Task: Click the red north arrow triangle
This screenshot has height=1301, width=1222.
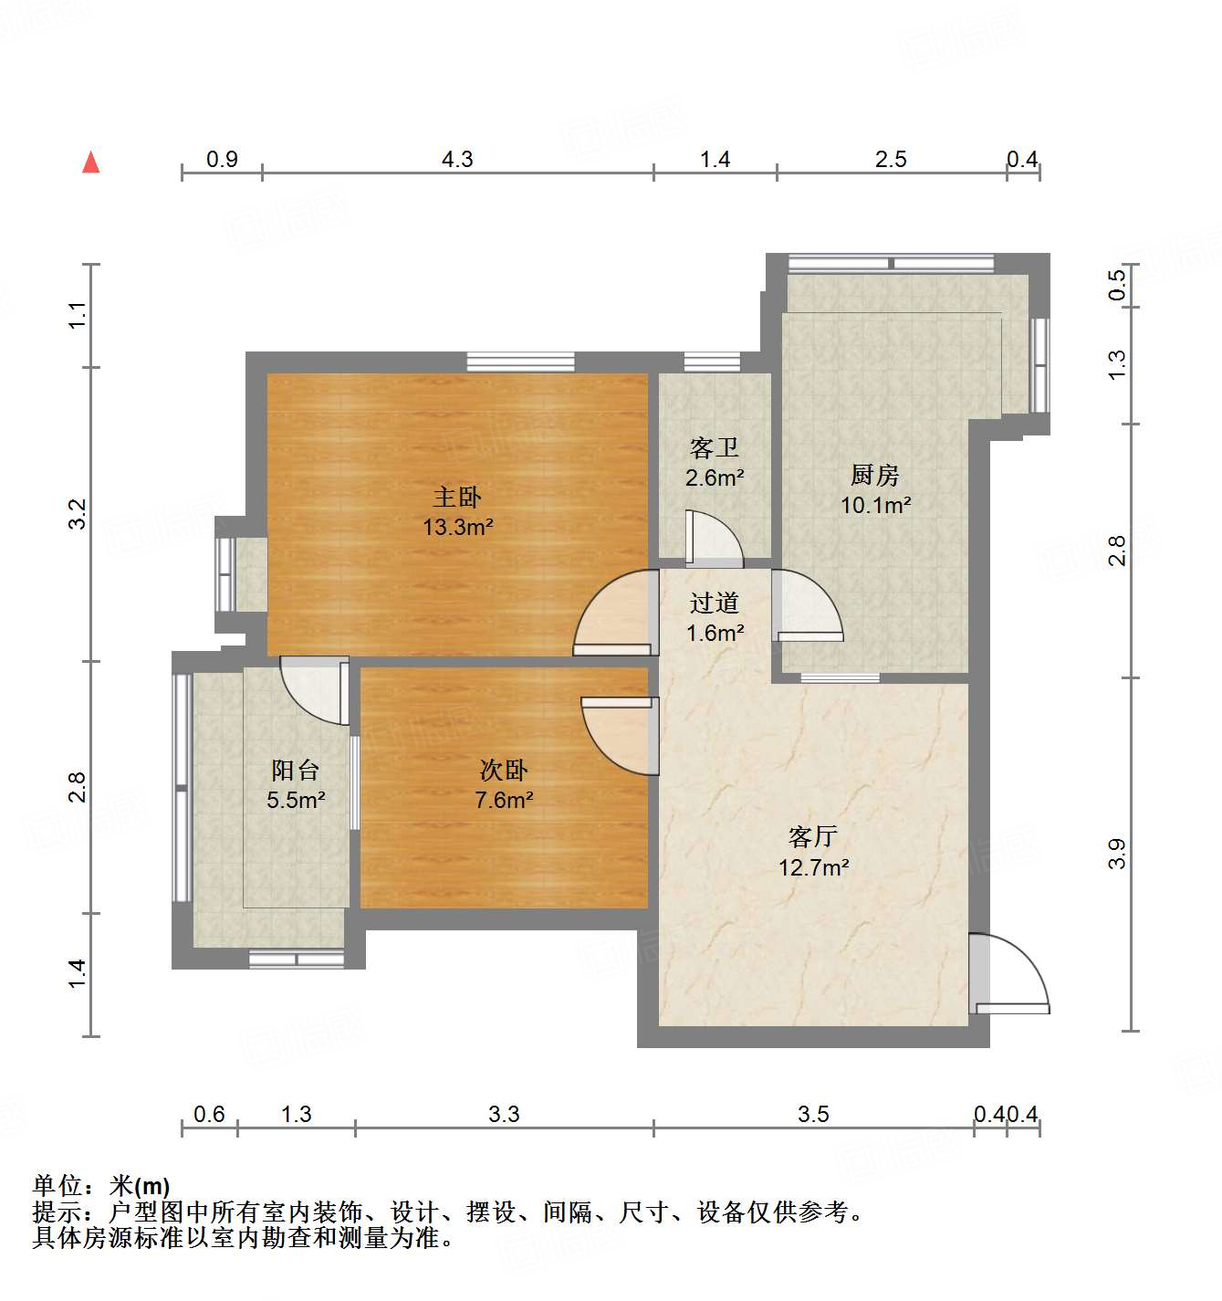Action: (90, 163)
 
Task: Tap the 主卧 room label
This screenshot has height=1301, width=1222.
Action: (456, 498)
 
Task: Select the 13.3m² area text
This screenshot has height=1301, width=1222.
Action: (458, 527)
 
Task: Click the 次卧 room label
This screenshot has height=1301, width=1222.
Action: (503, 771)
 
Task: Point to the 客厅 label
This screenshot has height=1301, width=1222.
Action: (812, 836)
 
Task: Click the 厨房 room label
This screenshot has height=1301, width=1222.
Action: (874, 475)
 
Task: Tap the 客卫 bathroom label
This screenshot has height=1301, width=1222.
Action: (714, 448)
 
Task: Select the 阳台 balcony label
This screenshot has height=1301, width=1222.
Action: (295, 771)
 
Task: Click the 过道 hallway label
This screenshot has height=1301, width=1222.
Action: (714, 603)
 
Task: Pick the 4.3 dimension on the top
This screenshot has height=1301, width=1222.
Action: (457, 160)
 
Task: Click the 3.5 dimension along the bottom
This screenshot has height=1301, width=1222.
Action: (813, 1114)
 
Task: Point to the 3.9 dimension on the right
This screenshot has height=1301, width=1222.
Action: (1117, 854)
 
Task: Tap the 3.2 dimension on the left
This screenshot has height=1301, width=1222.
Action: (78, 513)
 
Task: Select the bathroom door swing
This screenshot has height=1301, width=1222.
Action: (714, 539)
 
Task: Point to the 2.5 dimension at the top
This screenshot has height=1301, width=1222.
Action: (891, 160)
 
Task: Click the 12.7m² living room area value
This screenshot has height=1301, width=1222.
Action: (813, 866)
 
